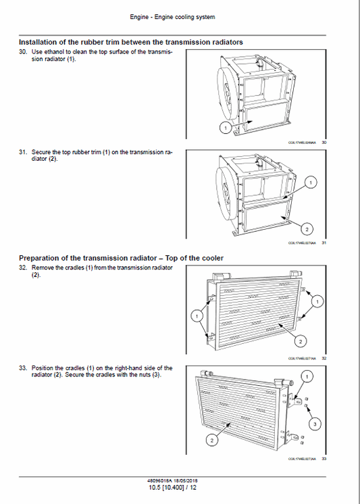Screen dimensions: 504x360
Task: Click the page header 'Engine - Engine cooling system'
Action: pos(179,16)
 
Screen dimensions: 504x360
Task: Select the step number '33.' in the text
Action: pos(23,368)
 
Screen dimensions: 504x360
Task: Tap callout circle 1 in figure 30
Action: pos(224,127)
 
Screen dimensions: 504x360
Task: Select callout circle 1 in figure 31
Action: pos(310,182)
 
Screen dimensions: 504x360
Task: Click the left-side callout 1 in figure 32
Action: pos(197,315)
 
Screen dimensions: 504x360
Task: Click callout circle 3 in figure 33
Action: pos(314,424)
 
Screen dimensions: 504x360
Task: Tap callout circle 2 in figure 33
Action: pos(211,440)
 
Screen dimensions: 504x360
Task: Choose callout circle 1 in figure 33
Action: pos(307,375)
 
